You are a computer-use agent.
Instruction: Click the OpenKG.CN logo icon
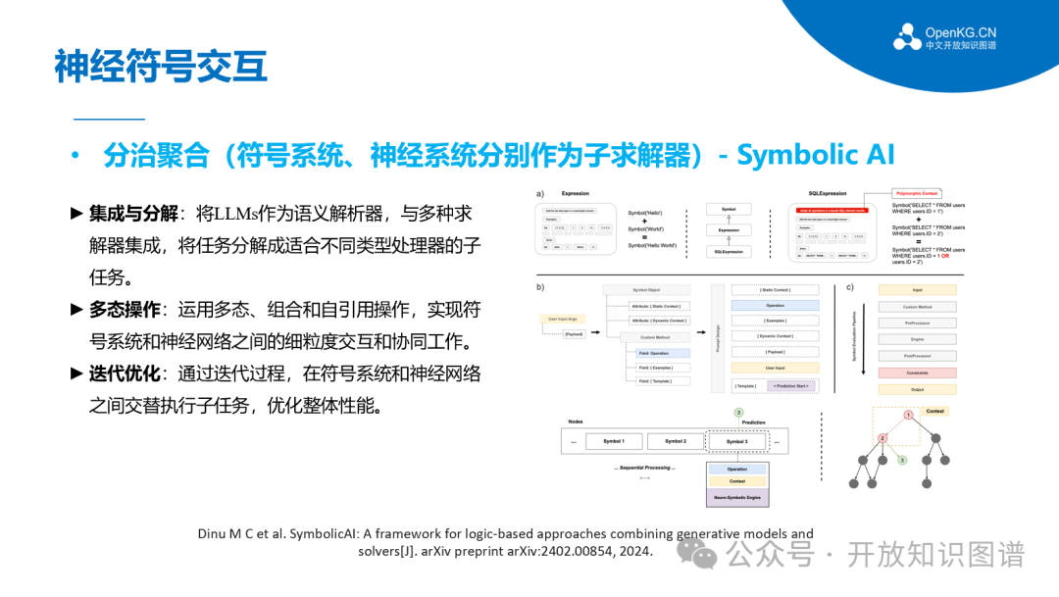click(906, 36)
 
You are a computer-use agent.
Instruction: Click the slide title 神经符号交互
click(160, 67)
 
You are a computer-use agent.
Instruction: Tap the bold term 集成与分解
click(133, 214)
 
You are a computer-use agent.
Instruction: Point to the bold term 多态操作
click(125, 311)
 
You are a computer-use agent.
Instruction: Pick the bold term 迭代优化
click(125, 374)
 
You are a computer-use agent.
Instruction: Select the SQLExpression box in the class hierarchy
click(729, 252)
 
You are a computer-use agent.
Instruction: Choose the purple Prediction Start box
click(790, 386)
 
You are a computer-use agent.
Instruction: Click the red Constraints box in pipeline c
click(917, 373)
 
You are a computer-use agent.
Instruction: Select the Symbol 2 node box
click(677, 441)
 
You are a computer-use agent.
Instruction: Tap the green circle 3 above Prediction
click(738, 413)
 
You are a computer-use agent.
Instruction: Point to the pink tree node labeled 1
click(908, 416)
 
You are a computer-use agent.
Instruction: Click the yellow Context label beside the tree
click(934, 411)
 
